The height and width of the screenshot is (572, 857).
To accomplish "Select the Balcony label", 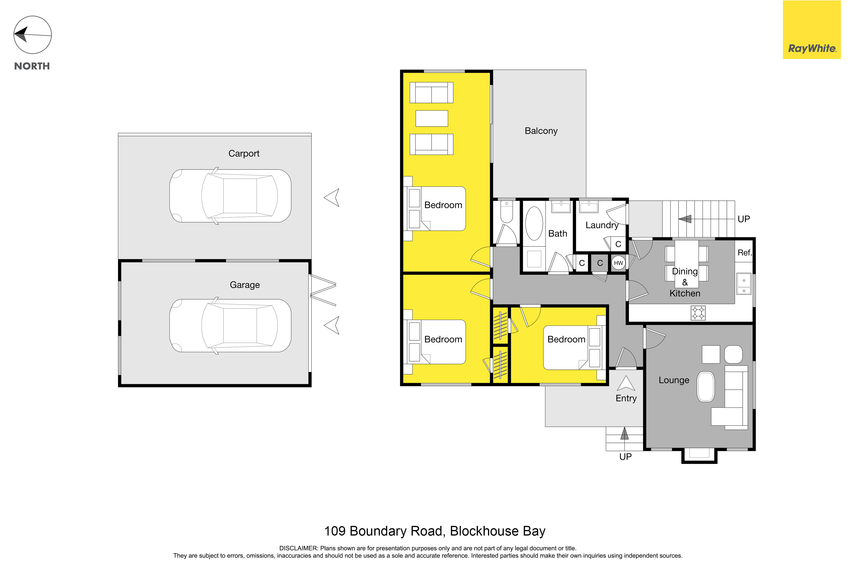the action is tap(541, 131).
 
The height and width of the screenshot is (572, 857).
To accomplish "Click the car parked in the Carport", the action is tap(230, 196).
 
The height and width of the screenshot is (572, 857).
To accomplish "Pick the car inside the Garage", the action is tap(230, 326).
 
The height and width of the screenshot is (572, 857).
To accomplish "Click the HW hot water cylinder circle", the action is tap(618, 263).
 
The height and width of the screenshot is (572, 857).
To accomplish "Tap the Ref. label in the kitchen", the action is tap(745, 253).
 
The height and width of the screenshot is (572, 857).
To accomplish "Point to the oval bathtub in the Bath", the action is tap(534, 224).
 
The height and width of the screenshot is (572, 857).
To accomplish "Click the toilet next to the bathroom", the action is tap(507, 212).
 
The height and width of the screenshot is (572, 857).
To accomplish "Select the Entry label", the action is tap(626, 398).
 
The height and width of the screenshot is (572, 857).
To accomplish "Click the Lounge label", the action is tap(674, 380).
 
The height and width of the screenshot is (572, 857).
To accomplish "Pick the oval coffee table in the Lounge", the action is tap(706, 387).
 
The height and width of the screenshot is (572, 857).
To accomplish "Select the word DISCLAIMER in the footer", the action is tap(298, 548).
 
